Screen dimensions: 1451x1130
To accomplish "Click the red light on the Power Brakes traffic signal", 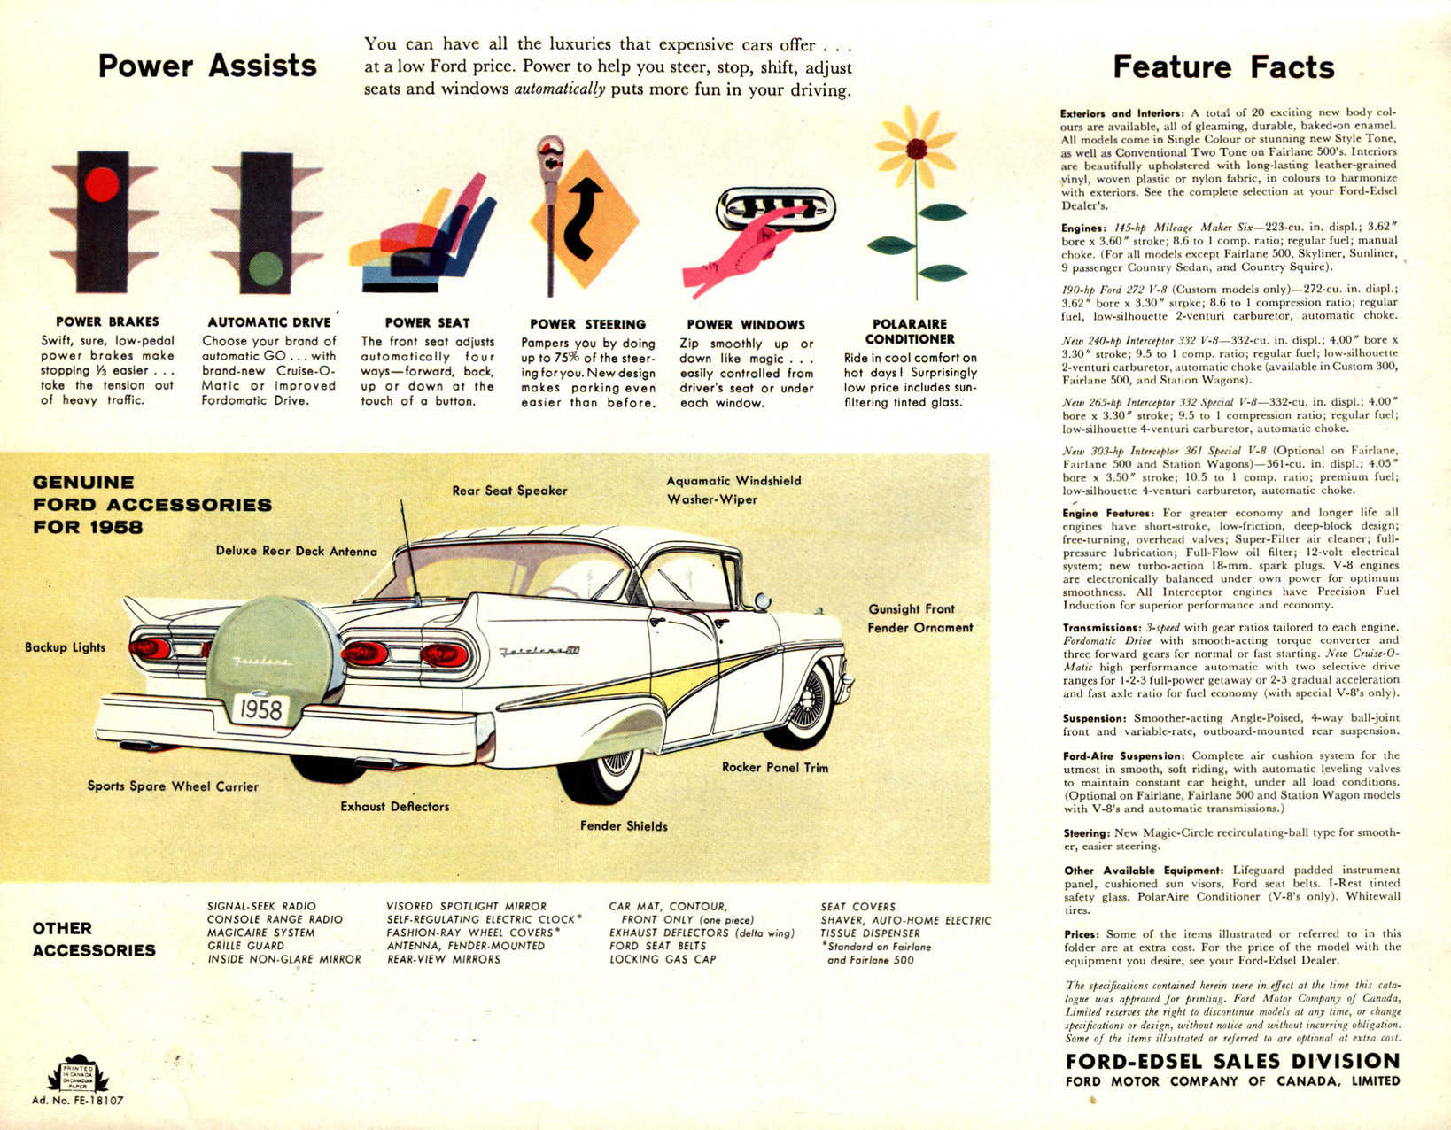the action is (x=102, y=183).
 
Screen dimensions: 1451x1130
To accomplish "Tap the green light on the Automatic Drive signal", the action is (x=266, y=268).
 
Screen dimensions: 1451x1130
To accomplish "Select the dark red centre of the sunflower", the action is (x=916, y=148).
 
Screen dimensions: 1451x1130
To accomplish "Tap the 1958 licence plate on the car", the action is (x=260, y=708).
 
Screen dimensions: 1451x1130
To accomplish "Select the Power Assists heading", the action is (x=207, y=66).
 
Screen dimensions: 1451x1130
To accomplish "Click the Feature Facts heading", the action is (x=1223, y=67).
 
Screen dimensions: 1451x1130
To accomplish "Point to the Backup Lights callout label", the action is (x=66, y=647).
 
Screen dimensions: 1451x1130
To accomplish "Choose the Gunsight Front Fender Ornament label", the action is (x=920, y=618).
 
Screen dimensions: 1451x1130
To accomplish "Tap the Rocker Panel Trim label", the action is (x=774, y=768).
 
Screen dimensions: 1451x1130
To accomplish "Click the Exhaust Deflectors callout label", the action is (x=394, y=806).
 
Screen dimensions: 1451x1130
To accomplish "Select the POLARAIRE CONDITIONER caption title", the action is (x=910, y=332).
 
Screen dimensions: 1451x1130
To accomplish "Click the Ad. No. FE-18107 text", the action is (x=77, y=1100).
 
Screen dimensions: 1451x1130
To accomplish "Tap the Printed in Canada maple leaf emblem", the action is (x=77, y=1074).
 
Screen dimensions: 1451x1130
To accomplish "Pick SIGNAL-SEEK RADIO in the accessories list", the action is (x=261, y=907).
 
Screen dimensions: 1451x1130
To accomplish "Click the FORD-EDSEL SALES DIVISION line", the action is (x=1232, y=1061).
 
